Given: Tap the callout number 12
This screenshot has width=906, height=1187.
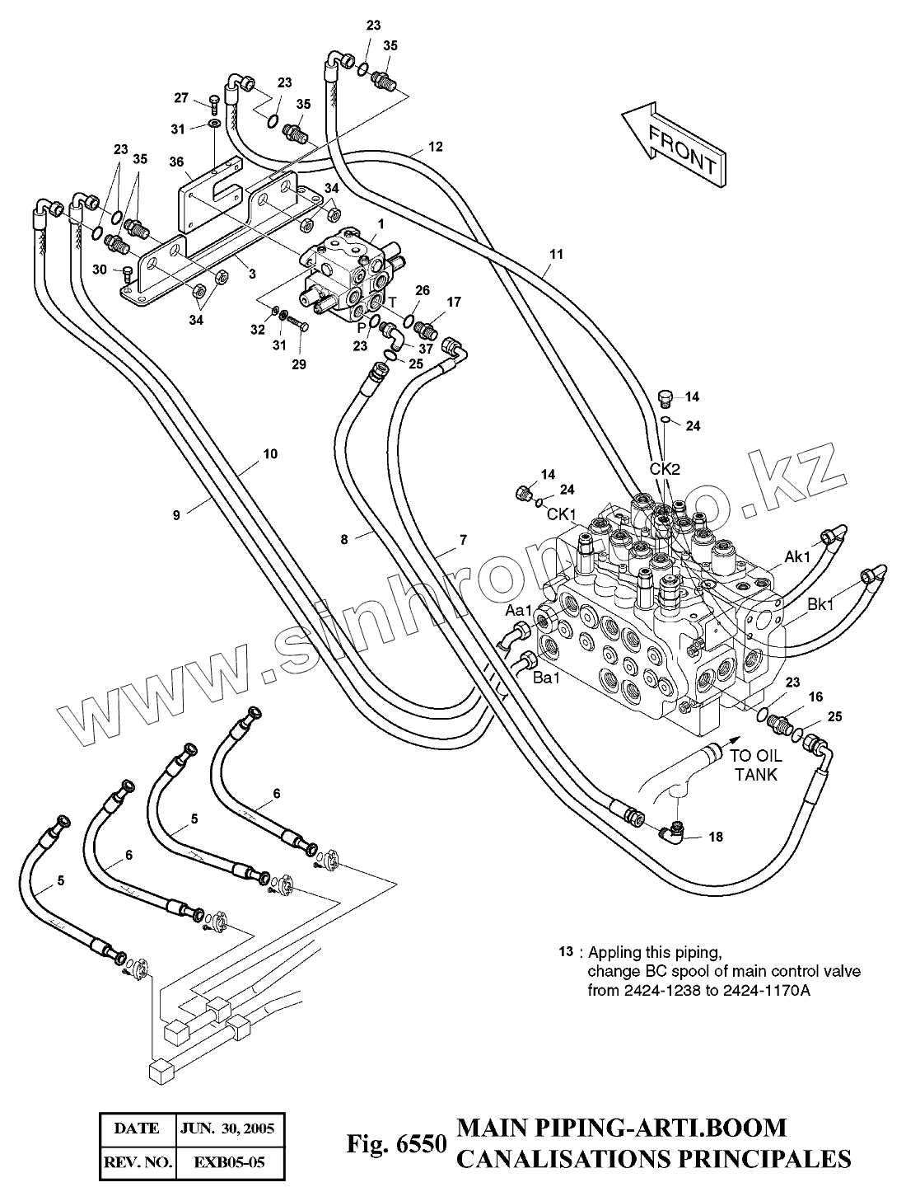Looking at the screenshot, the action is click(436, 147).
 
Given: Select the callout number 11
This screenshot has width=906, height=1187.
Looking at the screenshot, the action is click(556, 254).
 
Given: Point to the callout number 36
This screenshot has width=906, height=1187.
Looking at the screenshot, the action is click(176, 162).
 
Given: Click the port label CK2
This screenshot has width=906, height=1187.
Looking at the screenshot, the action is click(665, 469).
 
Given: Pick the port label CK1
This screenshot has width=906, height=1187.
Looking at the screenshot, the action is click(562, 514).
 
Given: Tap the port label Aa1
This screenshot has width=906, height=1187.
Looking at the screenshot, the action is click(518, 611).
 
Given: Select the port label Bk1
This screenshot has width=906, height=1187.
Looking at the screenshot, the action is click(820, 604).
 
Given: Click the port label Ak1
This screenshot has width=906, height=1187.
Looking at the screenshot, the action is click(797, 556).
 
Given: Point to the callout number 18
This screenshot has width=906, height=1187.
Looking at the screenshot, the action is click(715, 837).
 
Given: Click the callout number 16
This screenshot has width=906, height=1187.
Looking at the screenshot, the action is click(815, 697).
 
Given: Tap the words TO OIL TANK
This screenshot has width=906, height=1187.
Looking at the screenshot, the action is click(756, 765).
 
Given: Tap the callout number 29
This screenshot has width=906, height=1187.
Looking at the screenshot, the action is click(299, 364).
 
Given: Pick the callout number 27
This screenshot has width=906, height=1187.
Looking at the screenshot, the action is click(181, 97).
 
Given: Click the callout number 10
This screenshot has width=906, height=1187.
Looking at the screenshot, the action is click(270, 453).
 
